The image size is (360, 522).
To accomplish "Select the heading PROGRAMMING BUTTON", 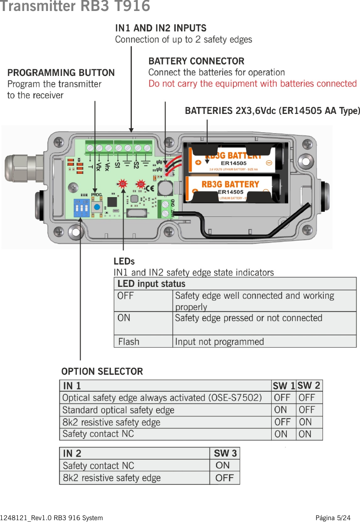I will pyautogui.click(x=61, y=73).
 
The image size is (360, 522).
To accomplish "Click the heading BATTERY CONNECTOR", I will pyautogui.click(x=196, y=61).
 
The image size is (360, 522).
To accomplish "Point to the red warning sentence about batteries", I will pyautogui.click(x=253, y=84).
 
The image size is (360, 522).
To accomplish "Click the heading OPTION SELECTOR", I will pyautogui.click(x=102, y=371).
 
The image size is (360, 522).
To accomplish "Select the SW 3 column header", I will pyautogui.click(x=225, y=453).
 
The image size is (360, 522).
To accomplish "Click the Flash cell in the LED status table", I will pyautogui.click(x=129, y=342).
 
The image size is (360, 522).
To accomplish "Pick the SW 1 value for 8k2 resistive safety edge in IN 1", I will pyautogui.click(x=282, y=422).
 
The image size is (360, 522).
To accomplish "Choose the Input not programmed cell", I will pyautogui.click(x=219, y=342).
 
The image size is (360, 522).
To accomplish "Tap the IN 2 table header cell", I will pyautogui.click(x=72, y=453).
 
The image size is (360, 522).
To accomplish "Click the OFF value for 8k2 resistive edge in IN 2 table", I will pyautogui.click(x=224, y=478).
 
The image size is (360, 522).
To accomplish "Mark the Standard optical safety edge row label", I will pyautogui.click(x=118, y=410).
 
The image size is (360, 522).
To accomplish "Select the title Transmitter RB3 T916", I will pyautogui.click(x=75, y=6).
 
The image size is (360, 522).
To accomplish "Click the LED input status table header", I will pyautogui.click(x=151, y=284).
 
